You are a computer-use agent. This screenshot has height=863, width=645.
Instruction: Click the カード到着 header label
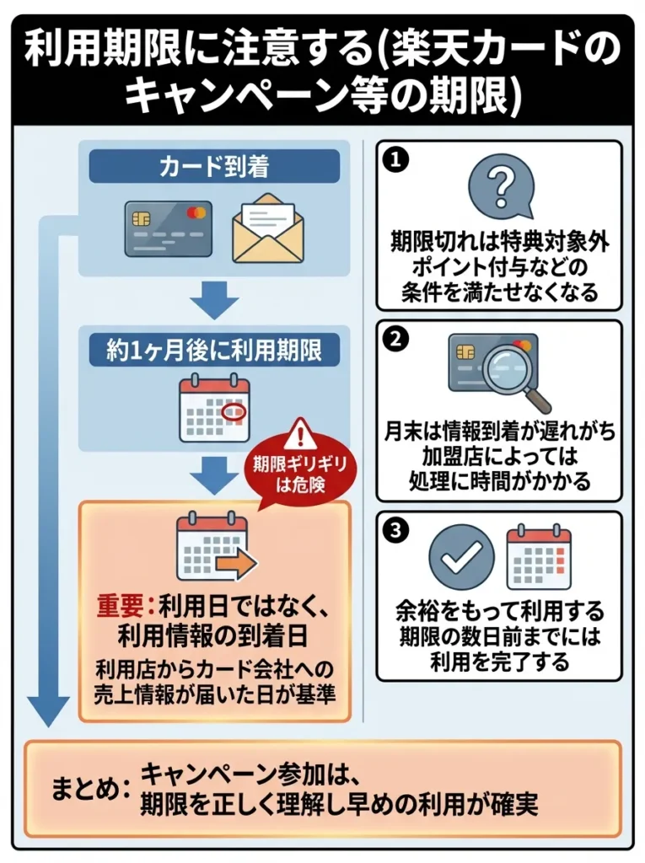coord(214,167)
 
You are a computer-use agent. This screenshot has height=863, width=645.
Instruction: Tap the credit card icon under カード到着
coord(168,228)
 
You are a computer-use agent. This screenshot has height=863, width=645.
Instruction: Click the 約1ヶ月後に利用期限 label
coord(214,350)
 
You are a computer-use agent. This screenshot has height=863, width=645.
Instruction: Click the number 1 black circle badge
coord(394,159)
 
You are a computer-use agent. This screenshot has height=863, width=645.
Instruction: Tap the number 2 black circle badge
coord(394,339)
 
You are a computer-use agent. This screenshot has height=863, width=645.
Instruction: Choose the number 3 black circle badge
coord(394,531)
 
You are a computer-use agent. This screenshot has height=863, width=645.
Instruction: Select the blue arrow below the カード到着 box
coord(214,300)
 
